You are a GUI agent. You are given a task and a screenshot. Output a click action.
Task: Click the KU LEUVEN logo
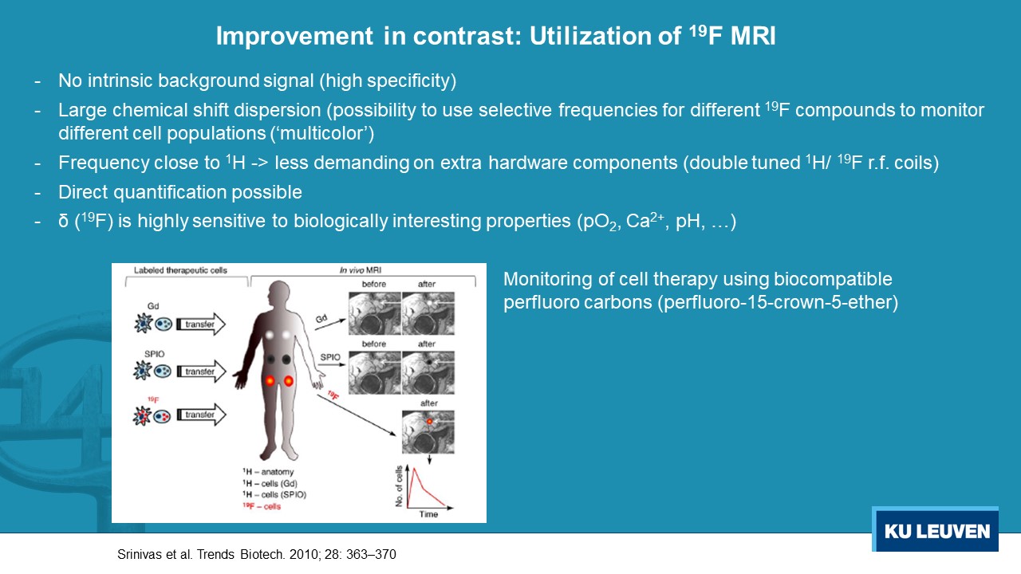pyautogui.click(x=936, y=529)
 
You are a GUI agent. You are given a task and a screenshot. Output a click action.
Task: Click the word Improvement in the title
pyautogui.click(x=294, y=36)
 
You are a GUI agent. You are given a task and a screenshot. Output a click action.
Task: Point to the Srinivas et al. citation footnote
pyautogui.click(x=257, y=554)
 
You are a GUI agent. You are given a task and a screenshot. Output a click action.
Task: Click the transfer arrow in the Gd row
pyautogui.click(x=201, y=324)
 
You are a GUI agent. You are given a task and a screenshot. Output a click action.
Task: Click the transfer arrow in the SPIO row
pyautogui.click(x=201, y=372)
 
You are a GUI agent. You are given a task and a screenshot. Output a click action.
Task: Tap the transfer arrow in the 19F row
pyautogui.click(x=201, y=415)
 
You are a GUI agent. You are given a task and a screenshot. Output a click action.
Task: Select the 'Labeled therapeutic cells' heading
pyautogui.click(x=180, y=270)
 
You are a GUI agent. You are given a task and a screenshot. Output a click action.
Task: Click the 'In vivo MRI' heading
pyautogui.click(x=360, y=270)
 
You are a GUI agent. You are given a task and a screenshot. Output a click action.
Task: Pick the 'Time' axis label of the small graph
pyautogui.click(x=428, y=514)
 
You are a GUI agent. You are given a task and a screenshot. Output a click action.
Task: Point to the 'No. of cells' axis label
pyautogui.click(x=400, y=486)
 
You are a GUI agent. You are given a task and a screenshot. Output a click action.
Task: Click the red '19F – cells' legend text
pyautogui.click(x=262, y=506)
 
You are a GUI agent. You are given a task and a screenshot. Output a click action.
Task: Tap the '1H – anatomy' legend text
pyautogui.click(x=268, y=472)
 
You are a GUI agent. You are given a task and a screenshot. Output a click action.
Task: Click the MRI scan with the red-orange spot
pyautogui.click(x=428, y=432)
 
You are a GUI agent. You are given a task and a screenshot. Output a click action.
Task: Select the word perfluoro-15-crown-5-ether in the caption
pyautogui.click(x=778, y=302)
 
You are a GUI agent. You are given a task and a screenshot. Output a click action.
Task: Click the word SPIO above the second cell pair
pyautogui.click(x=155, y=354)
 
